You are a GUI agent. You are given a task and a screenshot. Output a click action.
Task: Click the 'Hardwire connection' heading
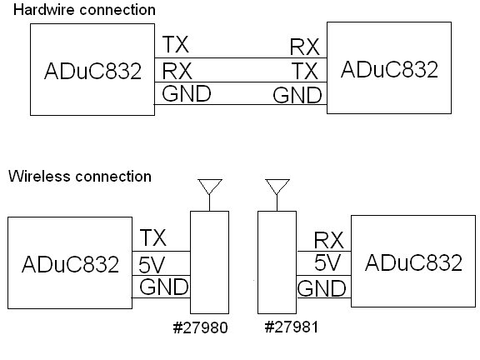pos(84,9)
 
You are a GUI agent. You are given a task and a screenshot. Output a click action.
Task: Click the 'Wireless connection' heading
pos(80,176)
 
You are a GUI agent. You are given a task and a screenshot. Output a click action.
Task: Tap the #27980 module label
pos(201,327)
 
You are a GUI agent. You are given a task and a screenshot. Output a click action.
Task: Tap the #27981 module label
pos(292,327)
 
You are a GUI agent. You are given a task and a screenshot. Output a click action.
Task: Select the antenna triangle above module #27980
pos(210,180)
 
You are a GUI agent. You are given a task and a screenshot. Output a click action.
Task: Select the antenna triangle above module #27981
pos(277,180)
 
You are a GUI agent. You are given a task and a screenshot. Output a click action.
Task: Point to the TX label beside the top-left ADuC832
pos(175,44)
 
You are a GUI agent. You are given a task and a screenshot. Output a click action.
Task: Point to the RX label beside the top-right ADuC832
pos(305,47)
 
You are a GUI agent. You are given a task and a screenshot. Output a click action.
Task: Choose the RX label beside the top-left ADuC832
pos(177,71)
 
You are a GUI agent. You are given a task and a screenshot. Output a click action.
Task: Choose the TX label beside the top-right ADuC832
pos(305,71)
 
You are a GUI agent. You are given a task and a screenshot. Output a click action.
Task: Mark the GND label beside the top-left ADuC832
pos(187,93)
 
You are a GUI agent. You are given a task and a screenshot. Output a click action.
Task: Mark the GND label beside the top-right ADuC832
pos(297,95)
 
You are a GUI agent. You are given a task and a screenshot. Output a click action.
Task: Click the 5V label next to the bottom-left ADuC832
pos(152,265)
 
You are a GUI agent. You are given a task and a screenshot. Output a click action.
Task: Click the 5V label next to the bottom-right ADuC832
pos(327,262)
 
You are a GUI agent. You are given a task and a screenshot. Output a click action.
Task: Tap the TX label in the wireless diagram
pos(153,237)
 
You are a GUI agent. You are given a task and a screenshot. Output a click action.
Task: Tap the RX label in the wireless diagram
pos(329,240)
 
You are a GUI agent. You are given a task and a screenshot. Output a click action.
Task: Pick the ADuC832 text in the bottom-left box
pos(70,264)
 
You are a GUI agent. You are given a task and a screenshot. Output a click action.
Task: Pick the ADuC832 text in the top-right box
pos(389,69)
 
